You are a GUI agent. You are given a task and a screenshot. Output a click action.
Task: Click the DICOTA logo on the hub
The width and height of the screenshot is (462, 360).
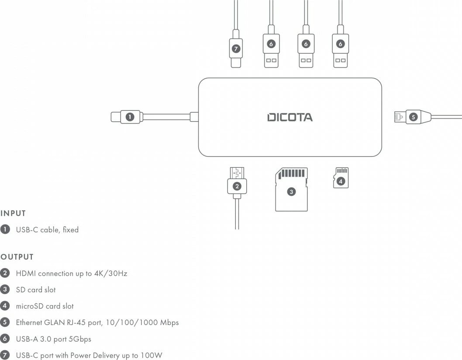coord(290,117)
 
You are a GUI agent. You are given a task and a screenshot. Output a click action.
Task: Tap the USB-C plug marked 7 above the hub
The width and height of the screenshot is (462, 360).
coord(236,49)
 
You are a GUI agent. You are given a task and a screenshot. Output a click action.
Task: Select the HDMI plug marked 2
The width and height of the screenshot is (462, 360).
coord(237,186)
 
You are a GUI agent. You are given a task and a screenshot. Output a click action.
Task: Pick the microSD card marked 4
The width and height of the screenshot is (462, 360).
coord(341,178)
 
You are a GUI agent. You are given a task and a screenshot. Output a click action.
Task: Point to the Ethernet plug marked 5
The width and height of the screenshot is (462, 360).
coord(413,117)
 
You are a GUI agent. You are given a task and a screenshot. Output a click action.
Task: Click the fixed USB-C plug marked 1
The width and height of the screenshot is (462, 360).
coord(130,117)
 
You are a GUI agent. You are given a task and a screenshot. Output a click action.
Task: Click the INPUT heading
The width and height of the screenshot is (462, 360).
coord(13,214)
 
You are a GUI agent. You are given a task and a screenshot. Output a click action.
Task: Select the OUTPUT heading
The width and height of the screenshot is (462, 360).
coord(17,257)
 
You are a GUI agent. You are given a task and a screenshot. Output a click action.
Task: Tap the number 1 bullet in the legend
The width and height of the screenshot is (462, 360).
coord(5,229)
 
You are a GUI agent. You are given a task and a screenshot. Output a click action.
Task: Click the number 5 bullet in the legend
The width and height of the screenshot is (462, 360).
coord(5,322)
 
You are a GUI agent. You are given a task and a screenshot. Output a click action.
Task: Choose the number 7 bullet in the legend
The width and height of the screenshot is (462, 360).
coord(5,355)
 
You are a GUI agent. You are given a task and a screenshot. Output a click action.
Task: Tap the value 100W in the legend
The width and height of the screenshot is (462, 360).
coord(151,355)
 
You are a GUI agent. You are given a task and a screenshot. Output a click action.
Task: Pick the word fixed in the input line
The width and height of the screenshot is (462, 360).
coord(70,229)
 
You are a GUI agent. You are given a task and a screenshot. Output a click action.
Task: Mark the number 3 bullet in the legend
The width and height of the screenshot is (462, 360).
coord(5,289)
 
